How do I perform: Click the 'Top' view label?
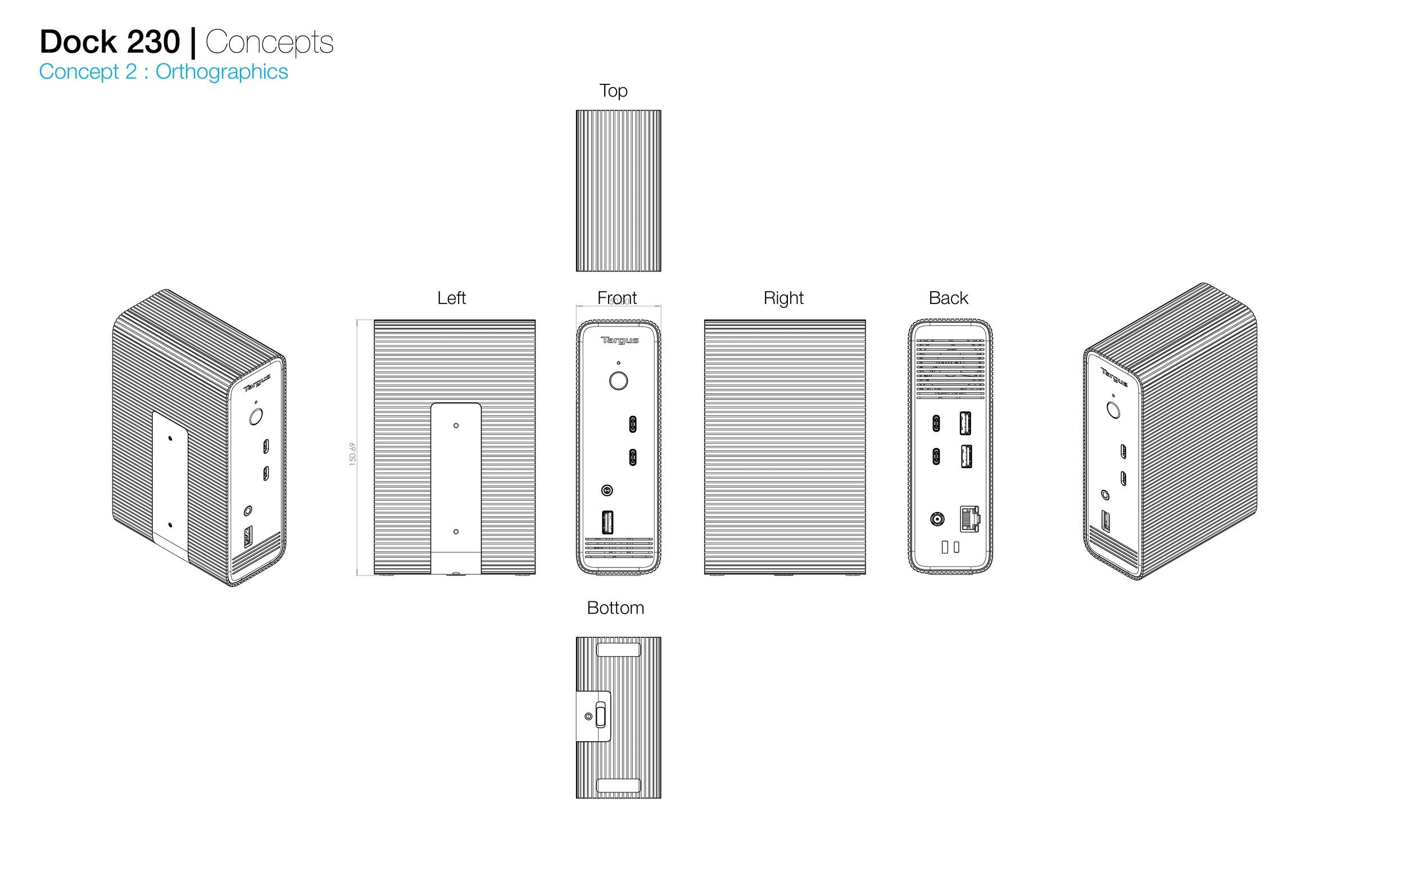613,90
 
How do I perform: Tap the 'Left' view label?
451,298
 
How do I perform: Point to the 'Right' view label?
783,298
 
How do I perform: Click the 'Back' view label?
948,298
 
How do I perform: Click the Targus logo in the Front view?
619,340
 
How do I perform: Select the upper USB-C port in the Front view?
632,424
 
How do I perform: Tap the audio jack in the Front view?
607,491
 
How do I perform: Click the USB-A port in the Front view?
607,522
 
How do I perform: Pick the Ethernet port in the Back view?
969,519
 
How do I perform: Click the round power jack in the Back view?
937,519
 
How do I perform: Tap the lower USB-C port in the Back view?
936,456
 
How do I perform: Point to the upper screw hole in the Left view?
456,426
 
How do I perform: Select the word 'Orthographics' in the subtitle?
222,72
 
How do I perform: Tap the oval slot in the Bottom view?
600,715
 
